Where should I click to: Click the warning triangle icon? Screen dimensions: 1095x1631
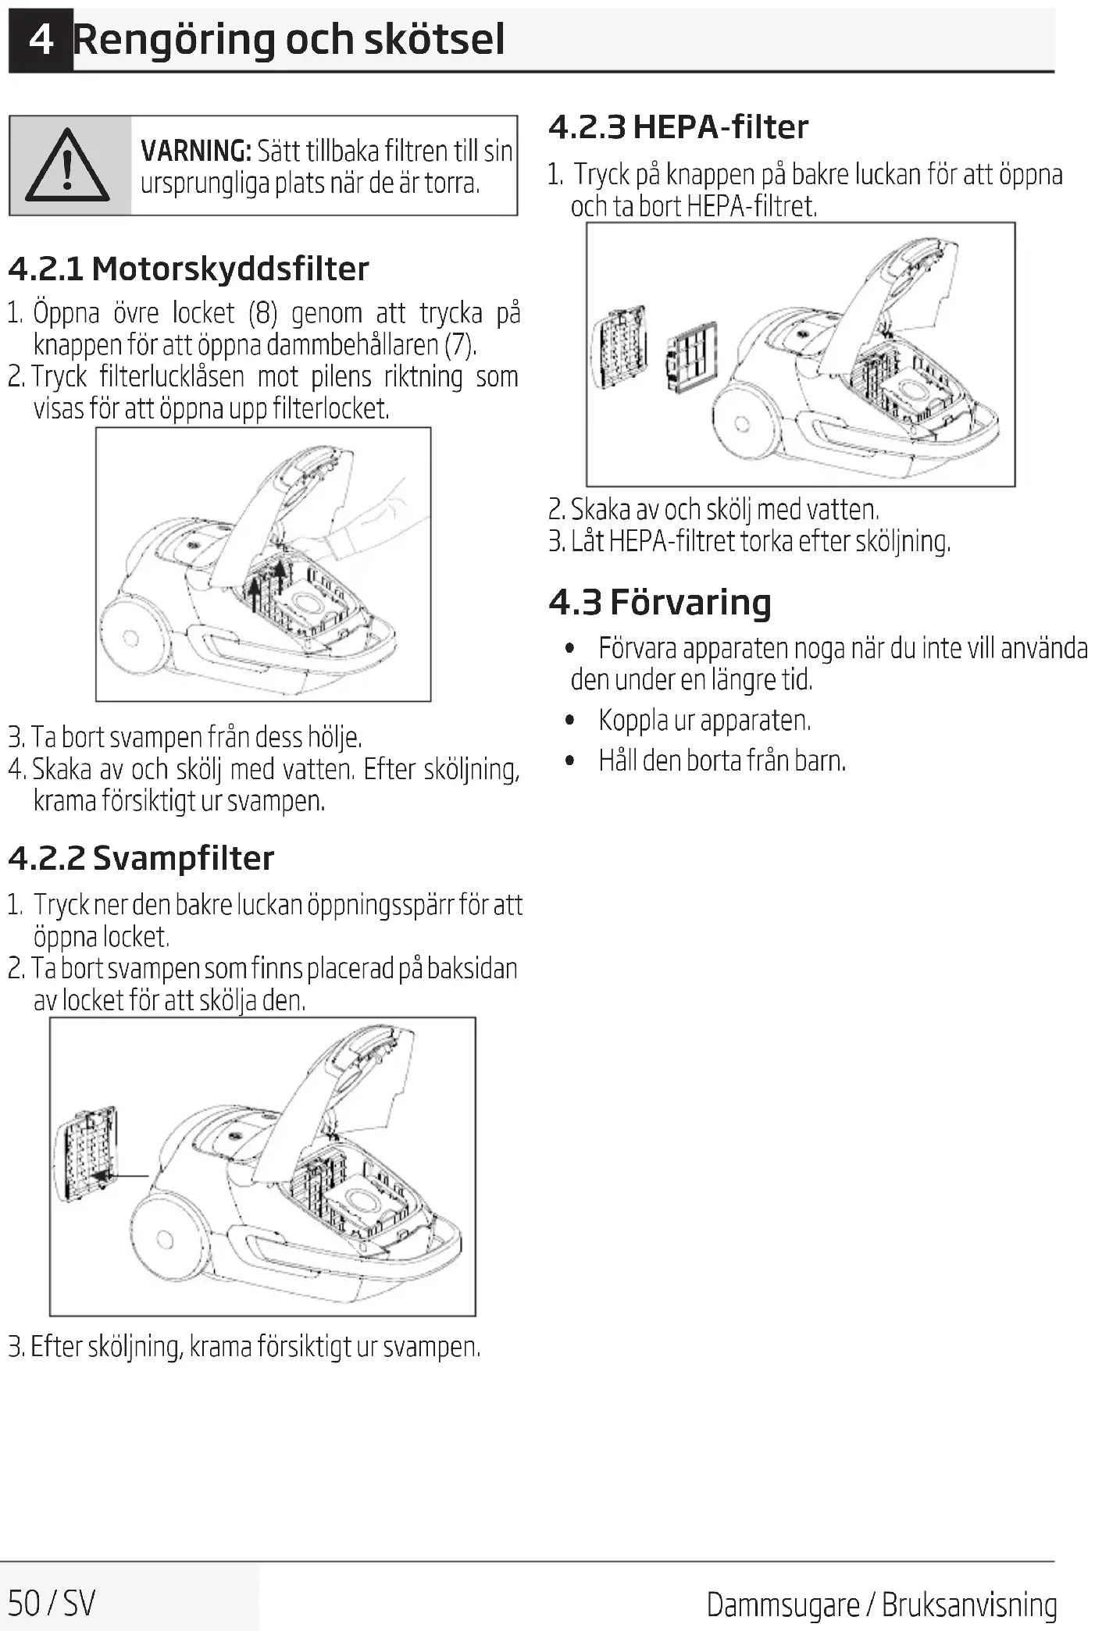tap(67, 166)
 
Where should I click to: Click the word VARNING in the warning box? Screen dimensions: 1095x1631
tap(195, 151)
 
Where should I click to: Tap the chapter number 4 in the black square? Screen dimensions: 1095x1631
tap(41, 39)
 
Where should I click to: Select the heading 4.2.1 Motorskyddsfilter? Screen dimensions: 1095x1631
tap(188, 269)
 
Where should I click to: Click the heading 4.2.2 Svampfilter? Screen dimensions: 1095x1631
tap(141, 858)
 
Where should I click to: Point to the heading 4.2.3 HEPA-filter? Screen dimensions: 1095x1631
tap(678, 127)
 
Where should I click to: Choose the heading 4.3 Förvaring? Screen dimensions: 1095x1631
tap(659, 603)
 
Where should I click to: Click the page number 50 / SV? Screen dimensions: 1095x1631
tap(52, 1602)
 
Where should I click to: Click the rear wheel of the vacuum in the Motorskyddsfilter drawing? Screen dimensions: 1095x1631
tap(131, 638)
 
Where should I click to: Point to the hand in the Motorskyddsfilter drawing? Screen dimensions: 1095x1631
tap(367, 523)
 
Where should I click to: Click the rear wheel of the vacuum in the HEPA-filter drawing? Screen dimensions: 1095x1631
tap(742, 424)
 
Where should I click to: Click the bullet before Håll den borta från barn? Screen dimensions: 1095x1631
tap(571, 760)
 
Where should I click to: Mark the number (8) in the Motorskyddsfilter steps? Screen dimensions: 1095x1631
tap(262, 314)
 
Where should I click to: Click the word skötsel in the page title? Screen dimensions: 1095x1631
tap(434, 39)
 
